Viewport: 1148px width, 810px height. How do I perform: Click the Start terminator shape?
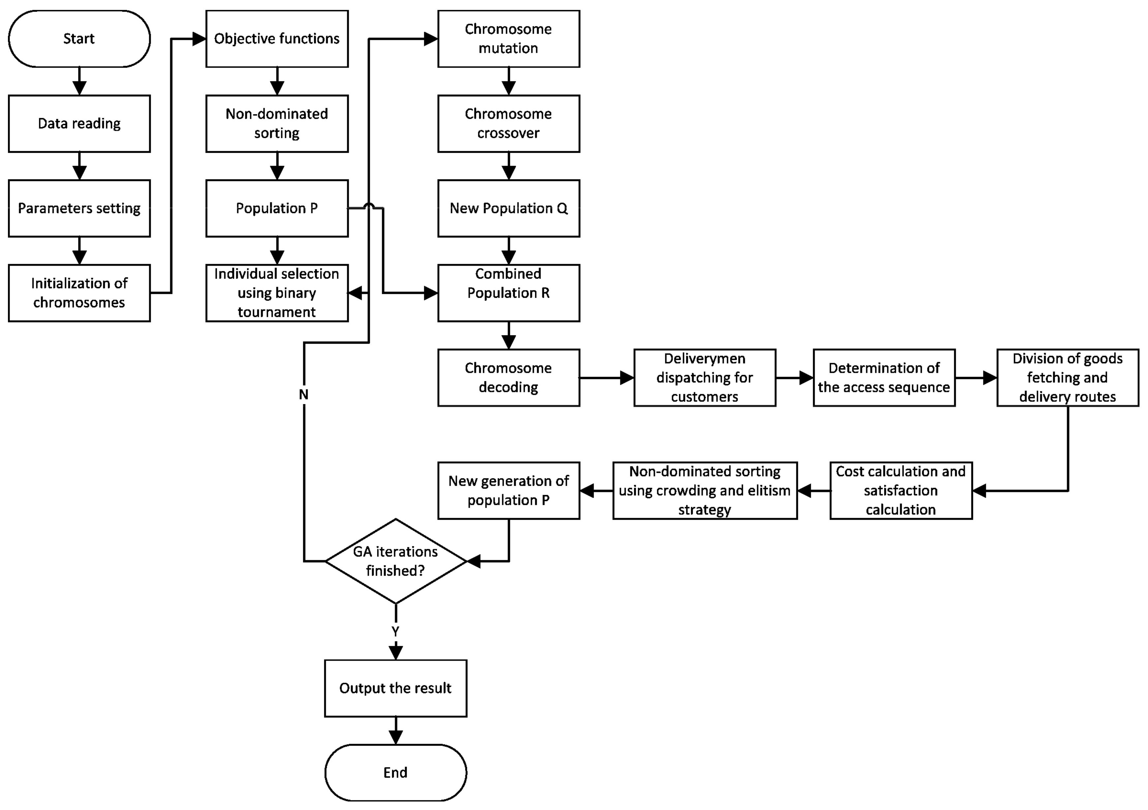tap(79, 39)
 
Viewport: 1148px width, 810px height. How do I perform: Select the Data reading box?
tap(79, 124)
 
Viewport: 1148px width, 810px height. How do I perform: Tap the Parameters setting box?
tap(79, 208)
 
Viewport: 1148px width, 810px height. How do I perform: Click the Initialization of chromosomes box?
tap(79, 293)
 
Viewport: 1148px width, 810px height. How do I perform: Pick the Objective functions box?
tap(277, 39)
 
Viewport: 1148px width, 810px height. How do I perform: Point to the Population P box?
tap(277, 208)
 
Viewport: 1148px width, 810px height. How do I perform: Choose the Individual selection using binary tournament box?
tap(277, 293)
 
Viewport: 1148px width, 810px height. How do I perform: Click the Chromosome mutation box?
tap(509, 39)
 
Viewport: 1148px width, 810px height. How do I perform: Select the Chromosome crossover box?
tap(509, 124)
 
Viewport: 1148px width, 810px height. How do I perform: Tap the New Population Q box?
tap(509, 208)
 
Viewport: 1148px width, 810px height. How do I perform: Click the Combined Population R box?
tap(509, 293)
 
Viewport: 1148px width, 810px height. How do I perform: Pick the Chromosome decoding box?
tap(509, 378)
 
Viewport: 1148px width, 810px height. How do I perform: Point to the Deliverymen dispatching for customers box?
tap(704, 378)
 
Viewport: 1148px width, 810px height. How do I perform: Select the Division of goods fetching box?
tap(1068, 378)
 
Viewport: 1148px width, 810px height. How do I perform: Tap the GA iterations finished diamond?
tap(396, 561)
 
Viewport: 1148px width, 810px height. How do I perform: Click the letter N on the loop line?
tap(304, 395)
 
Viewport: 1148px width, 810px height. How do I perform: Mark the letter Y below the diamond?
tap(396, 631)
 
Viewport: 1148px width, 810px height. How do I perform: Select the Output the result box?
tap(396, 688)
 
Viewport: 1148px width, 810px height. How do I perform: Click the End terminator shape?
tap(396, 772)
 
